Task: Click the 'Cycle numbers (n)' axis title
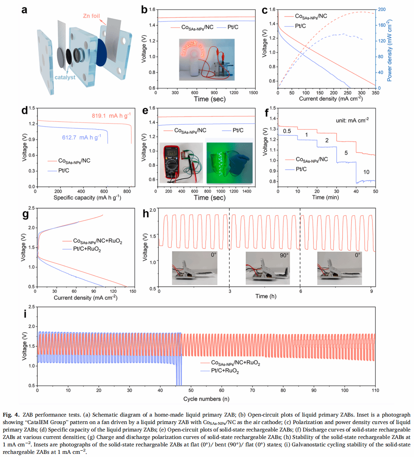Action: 206,399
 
